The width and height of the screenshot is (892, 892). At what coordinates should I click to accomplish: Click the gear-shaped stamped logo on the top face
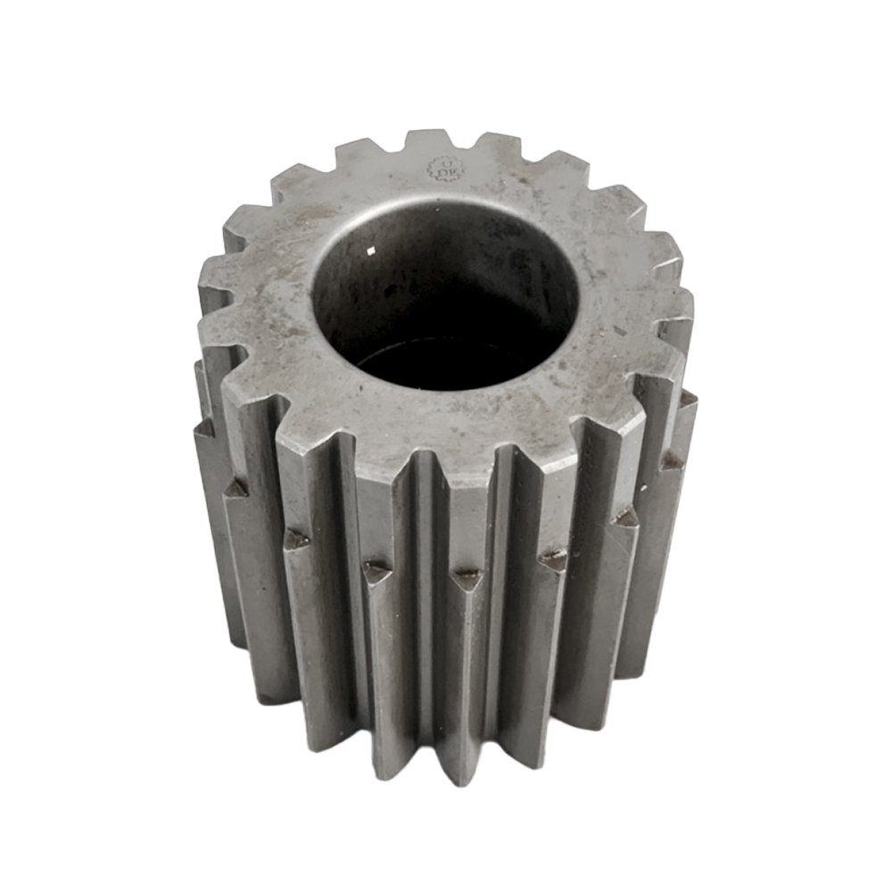pos(442,169)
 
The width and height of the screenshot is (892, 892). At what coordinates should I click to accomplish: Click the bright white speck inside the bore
pos(372,257)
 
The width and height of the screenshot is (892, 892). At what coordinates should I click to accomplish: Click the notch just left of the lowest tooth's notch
pos(376,572)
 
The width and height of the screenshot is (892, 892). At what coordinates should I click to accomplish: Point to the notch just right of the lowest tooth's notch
pos(554,560)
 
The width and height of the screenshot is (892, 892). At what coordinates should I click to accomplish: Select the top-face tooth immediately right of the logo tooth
pos(500,143)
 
